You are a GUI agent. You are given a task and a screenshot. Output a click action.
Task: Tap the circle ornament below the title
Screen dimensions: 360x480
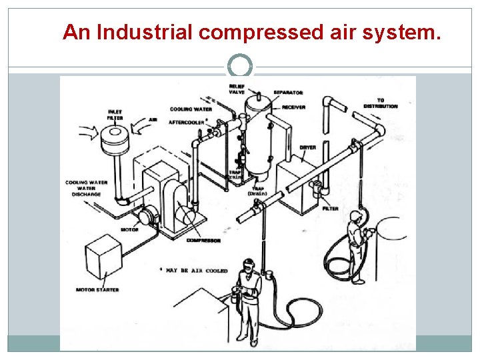click(x=240, y=67)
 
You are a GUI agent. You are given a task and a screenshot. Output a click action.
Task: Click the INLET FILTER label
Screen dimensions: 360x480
click(x=115, y=114)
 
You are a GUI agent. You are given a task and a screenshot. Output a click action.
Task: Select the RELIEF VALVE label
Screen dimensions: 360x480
click(x=237, y=89)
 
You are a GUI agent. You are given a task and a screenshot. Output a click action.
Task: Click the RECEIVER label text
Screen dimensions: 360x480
click(x=294, y=107)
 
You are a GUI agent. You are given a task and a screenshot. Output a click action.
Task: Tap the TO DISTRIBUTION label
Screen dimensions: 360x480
click(x=381, y=103)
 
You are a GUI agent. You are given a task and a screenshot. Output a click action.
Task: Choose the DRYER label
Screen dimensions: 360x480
click(x=307, y=147)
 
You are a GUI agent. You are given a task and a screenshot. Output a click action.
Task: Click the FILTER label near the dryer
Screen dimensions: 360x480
click(x=331, y=209)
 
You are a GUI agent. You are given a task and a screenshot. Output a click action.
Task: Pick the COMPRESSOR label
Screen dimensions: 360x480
click(x=203, y=240)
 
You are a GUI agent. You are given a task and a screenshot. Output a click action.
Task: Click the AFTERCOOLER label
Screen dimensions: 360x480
click(x=186, y=123)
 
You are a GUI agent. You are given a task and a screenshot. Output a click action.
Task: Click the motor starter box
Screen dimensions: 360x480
click(x=103, y=257)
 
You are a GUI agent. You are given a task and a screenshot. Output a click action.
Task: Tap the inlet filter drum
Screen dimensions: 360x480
click(x=117, y=141)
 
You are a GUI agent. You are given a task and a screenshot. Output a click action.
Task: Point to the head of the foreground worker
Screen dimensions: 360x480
click(x=249, y=265)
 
